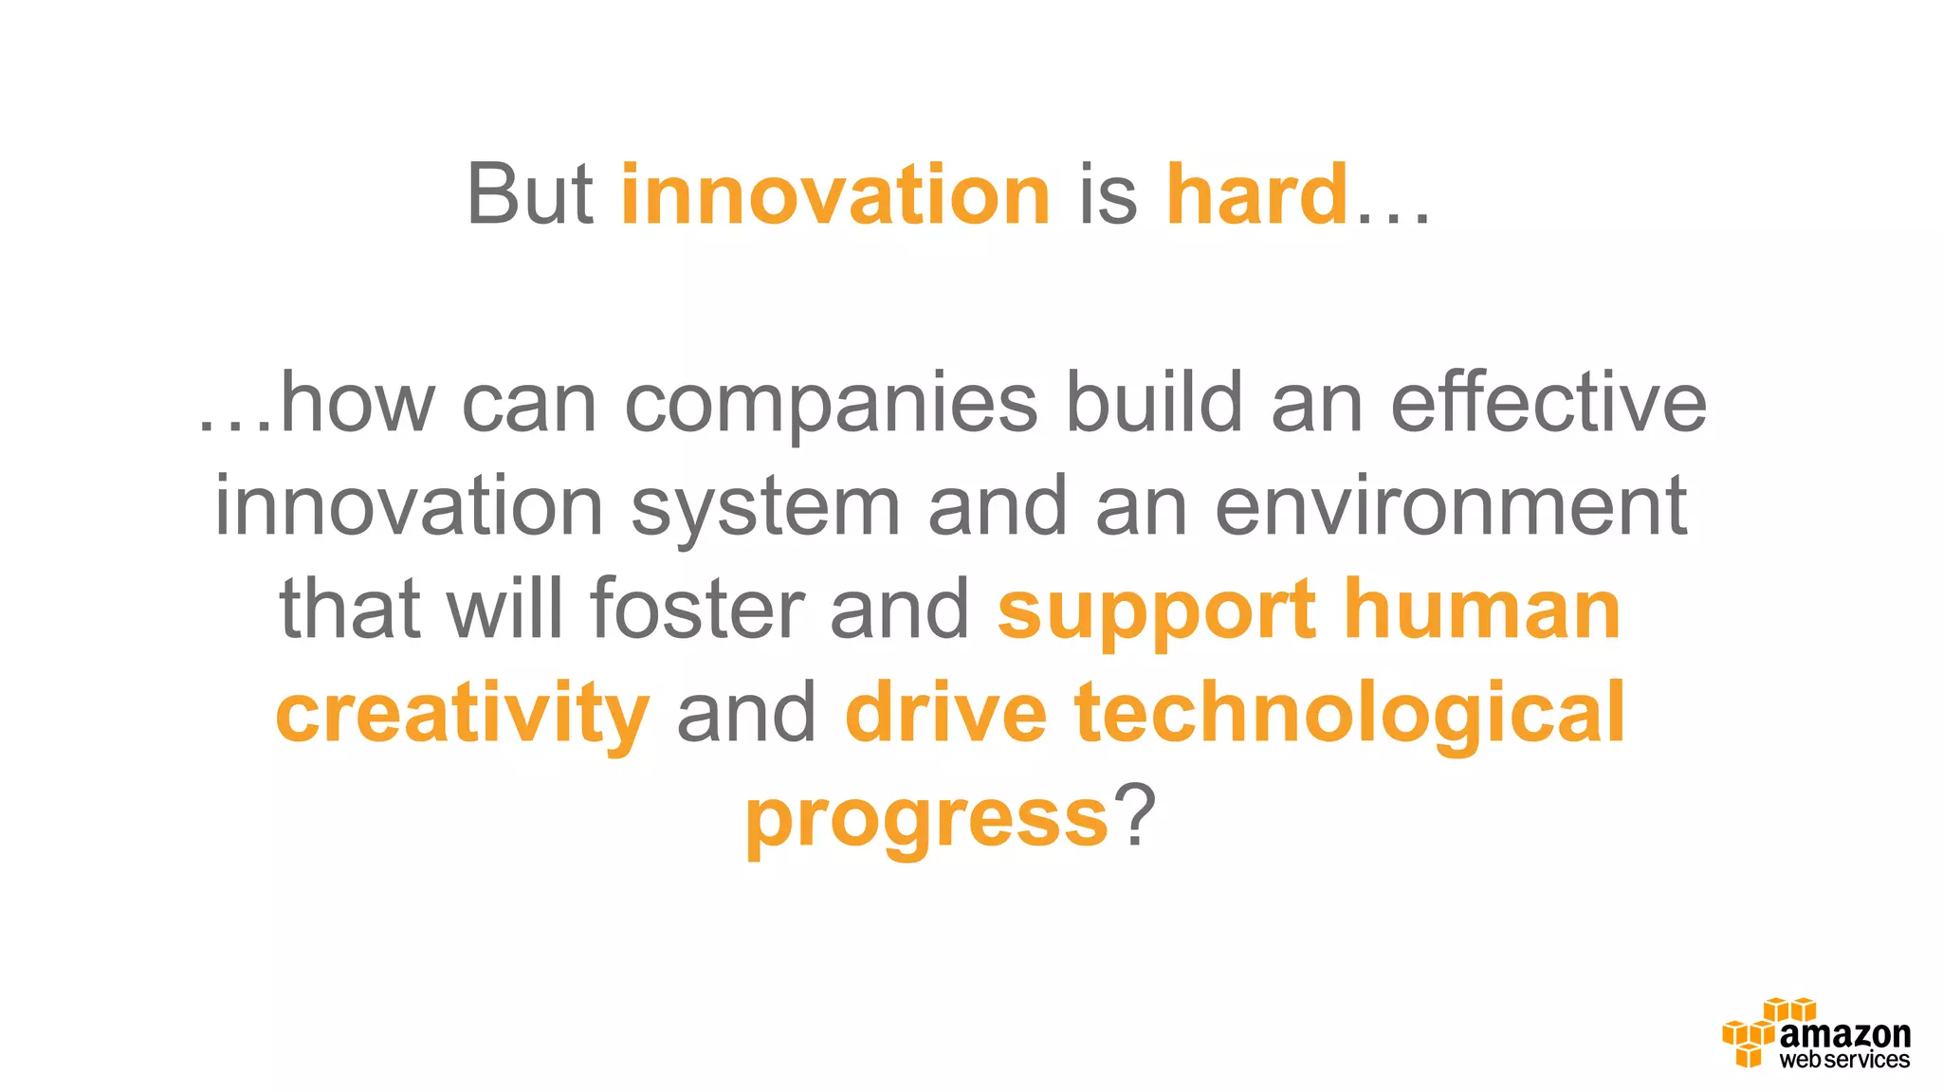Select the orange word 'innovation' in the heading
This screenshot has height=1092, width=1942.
pyautogui.click(x=835, y=194)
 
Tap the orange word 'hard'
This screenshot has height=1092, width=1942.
pyautogui.click(x=1256, y=194)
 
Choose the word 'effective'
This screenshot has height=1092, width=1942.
pyautogui.click(x=1548, y=402)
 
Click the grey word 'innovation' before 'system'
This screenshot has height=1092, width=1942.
pyautogui.click(x=409, y=506)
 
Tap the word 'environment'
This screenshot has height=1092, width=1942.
pyautogui.click(x=1451, y=506)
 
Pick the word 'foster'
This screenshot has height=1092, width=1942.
pyautogui.click(x=697, y=609)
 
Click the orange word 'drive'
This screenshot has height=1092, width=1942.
pyautogui.click(x=945, y=712)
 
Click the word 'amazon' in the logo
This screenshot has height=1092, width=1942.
pyautogui.click(x=1844, y=1034)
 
